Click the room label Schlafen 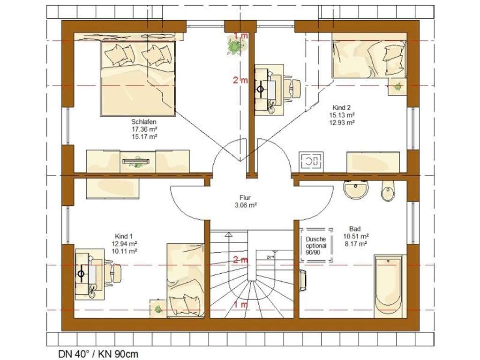click(x=143, y=121)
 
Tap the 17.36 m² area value click(x=143, y=129)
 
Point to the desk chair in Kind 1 click(x=114, y=272)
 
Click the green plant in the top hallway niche click(x=233, y=46)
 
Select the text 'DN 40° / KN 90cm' click(x=98, y=353)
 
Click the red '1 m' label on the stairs click(x=240, y=305)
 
